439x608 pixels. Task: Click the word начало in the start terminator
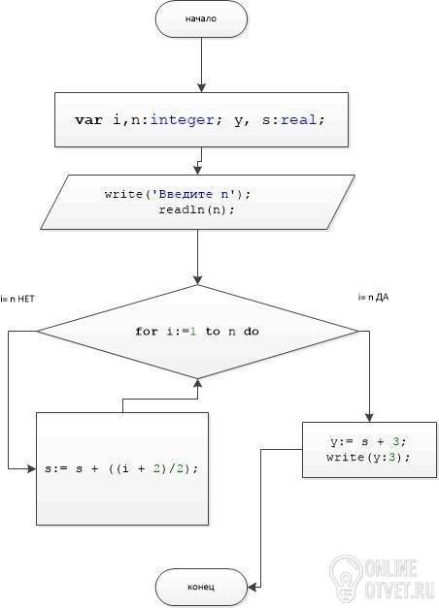click(x=201, y=18)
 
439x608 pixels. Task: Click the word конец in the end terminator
click(x=201, y=587)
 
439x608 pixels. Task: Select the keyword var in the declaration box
click(x=89, y=120)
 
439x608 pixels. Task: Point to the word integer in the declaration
click(x=183, y=120)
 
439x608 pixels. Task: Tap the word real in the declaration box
click(x=299, y=120)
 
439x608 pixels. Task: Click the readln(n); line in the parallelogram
click(x=196, y=209)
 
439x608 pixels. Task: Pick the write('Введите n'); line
click(x=178, y=194)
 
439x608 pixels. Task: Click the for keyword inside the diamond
click(x=147, y=332)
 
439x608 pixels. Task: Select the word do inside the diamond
click(x=252, y=332)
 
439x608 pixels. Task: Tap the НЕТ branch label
click(x=26, y=299)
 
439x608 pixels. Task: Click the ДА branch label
click(x=383, y=298)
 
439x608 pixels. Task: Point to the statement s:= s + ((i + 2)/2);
click(x=121, y=468)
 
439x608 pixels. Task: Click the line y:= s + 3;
click(x=368, y=441)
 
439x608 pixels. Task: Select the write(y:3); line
click(x=368, y=457)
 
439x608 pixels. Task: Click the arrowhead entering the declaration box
click(x=201, y=88)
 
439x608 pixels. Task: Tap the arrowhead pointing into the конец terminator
click(x=253, y=587)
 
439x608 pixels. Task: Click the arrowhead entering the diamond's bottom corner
click(x=198, y=383)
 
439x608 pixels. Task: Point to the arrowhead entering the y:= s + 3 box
click(x=369, y=418)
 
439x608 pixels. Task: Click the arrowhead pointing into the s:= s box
click(x=31, y=468)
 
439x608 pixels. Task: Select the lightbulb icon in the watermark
click(x=346, y=578)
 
